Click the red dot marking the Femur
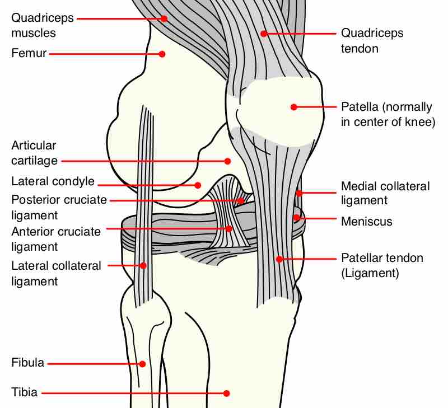pos(162,54)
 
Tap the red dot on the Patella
pos(293,107)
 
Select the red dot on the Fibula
pos(142,364)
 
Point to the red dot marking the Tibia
pos(227,393)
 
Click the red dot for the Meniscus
pos(297,217)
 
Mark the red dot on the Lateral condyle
pos(198,185)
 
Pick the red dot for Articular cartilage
pos(227,161)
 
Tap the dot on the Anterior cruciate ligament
pos(229,228)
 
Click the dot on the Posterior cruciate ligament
pos(240,200)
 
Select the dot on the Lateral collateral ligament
pos(143,266)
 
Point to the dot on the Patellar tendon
pos(279,259)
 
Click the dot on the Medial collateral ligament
pos(299,194)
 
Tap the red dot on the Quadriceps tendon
pos(263,34)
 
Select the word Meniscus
pos(367,222)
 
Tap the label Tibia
pos(24,392)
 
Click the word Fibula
pos(27,363)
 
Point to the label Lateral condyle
pos(53,181)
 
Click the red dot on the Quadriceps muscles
pos(164,18)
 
